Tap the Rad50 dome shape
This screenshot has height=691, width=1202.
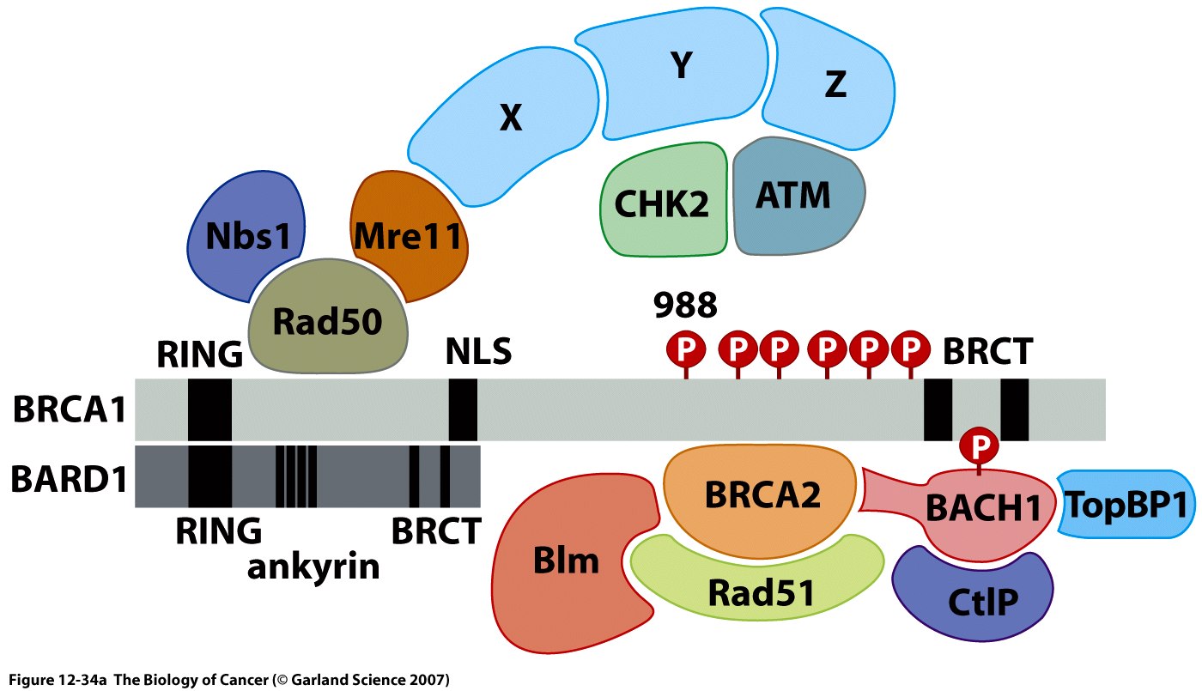(x=327, y=322)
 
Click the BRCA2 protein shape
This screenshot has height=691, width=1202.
(x=762, y=494)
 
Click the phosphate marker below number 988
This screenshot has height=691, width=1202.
(x=685, y=349)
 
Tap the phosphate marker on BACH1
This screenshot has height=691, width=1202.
(x=979, y=444)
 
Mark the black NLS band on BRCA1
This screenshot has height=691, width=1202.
(x=463, y=409)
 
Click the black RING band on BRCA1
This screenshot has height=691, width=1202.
(x=209, y=409)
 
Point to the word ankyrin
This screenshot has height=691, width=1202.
(x=313, y=566)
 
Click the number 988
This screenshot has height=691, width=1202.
(x=685, y=304)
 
